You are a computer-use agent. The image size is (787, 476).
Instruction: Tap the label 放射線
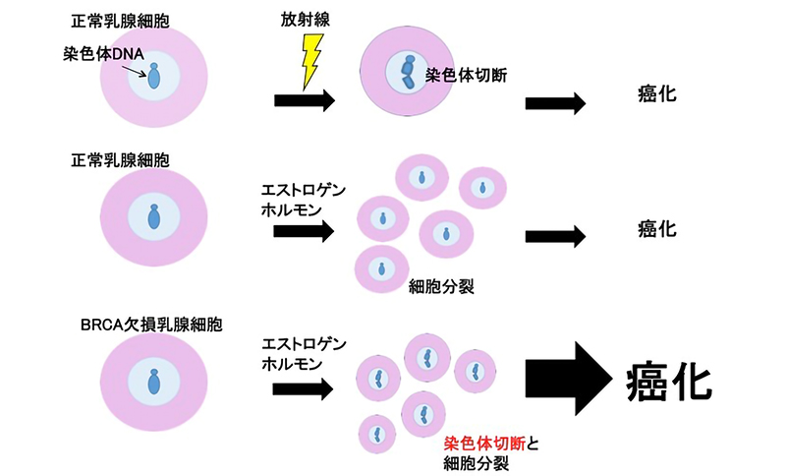click(x=309, y=18)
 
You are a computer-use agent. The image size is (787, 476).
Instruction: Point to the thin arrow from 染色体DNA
click(x=144, y=68)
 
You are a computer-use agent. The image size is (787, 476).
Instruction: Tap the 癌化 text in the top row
click(x=655, y=98)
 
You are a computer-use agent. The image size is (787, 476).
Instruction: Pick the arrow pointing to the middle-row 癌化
click(x=556, y=235)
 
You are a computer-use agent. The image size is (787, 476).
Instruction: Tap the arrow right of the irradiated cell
click(x=556, y=102)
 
